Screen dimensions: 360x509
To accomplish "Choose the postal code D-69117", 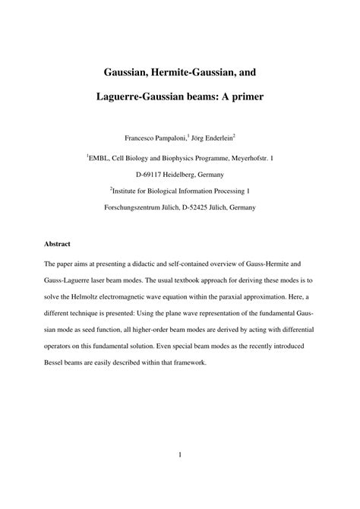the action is pyautogui.click(x=141, y=174).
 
